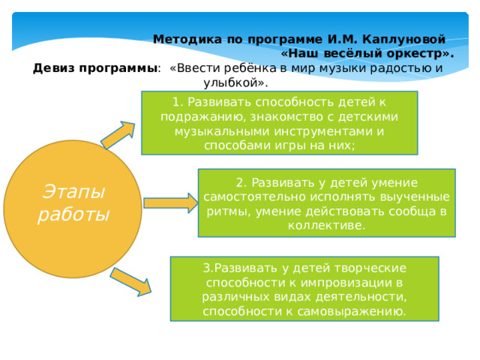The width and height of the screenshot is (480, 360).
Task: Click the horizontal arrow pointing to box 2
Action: (170, 202)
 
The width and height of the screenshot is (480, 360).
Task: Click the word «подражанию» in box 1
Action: (196, 117)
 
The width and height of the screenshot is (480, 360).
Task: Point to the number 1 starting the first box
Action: (175, 103)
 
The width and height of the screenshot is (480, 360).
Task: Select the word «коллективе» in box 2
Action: (325, 225)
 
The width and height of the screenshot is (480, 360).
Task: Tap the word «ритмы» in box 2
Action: (222, 211)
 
